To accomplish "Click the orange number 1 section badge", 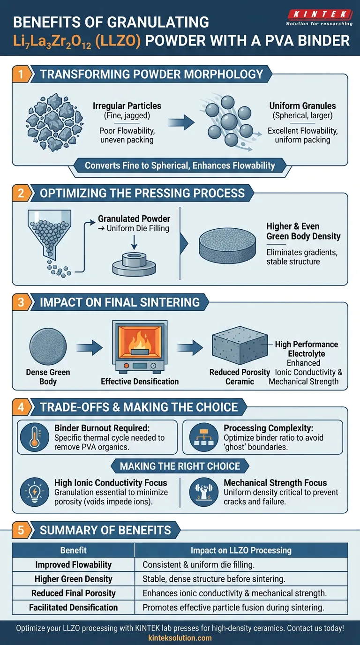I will (x=21, y=74).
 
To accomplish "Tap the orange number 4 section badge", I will (x=21, y=407).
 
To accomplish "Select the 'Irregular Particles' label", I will (x=127, y=106).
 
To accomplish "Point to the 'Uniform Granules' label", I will (x=302, y=106).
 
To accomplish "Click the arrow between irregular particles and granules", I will (x=181, y=123).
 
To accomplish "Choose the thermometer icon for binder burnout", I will (x=34, y=436).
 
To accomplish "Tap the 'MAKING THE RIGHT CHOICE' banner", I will (x=180, y=466).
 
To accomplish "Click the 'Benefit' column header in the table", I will (x=74, y=550).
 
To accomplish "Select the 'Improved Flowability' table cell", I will (x=74, y=564).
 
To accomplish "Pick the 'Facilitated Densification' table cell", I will (x=74, y=607).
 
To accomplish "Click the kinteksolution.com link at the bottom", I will (x=180, y=637).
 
